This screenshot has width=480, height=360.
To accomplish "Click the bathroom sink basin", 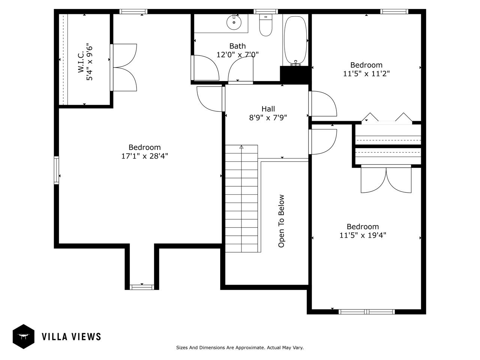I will [x=234, y=22].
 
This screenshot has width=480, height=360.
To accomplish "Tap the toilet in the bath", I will [x=265, y=25].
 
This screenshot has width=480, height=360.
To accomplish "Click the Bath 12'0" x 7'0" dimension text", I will [x=237, y=54].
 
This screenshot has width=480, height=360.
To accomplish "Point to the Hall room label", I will [x=268, y=109].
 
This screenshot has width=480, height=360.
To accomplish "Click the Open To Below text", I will [x=281, y=221].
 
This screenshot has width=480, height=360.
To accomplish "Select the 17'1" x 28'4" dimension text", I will [x=144, y=156].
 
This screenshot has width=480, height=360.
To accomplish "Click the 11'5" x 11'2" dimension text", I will [x=366, y=73].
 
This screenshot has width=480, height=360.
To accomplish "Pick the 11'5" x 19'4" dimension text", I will [x=363, y=235].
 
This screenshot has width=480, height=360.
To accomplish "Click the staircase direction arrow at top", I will [x=241, y=147].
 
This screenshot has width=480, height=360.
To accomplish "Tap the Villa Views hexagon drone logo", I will [x=24, y=336].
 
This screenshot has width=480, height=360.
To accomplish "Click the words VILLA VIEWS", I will [x=71, y=336].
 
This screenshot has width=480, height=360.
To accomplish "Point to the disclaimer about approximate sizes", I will [x=240, y=348].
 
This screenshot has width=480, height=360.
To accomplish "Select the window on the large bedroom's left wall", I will [x=57, y=170].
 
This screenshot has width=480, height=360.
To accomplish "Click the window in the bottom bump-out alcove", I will [x=142, y=287].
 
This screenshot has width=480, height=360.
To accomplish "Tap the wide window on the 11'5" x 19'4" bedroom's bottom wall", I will [x=366, y=312].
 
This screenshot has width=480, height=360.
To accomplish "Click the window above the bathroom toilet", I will [x=265, y=11].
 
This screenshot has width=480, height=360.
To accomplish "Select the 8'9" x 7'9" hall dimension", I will [x=268, y=118].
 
